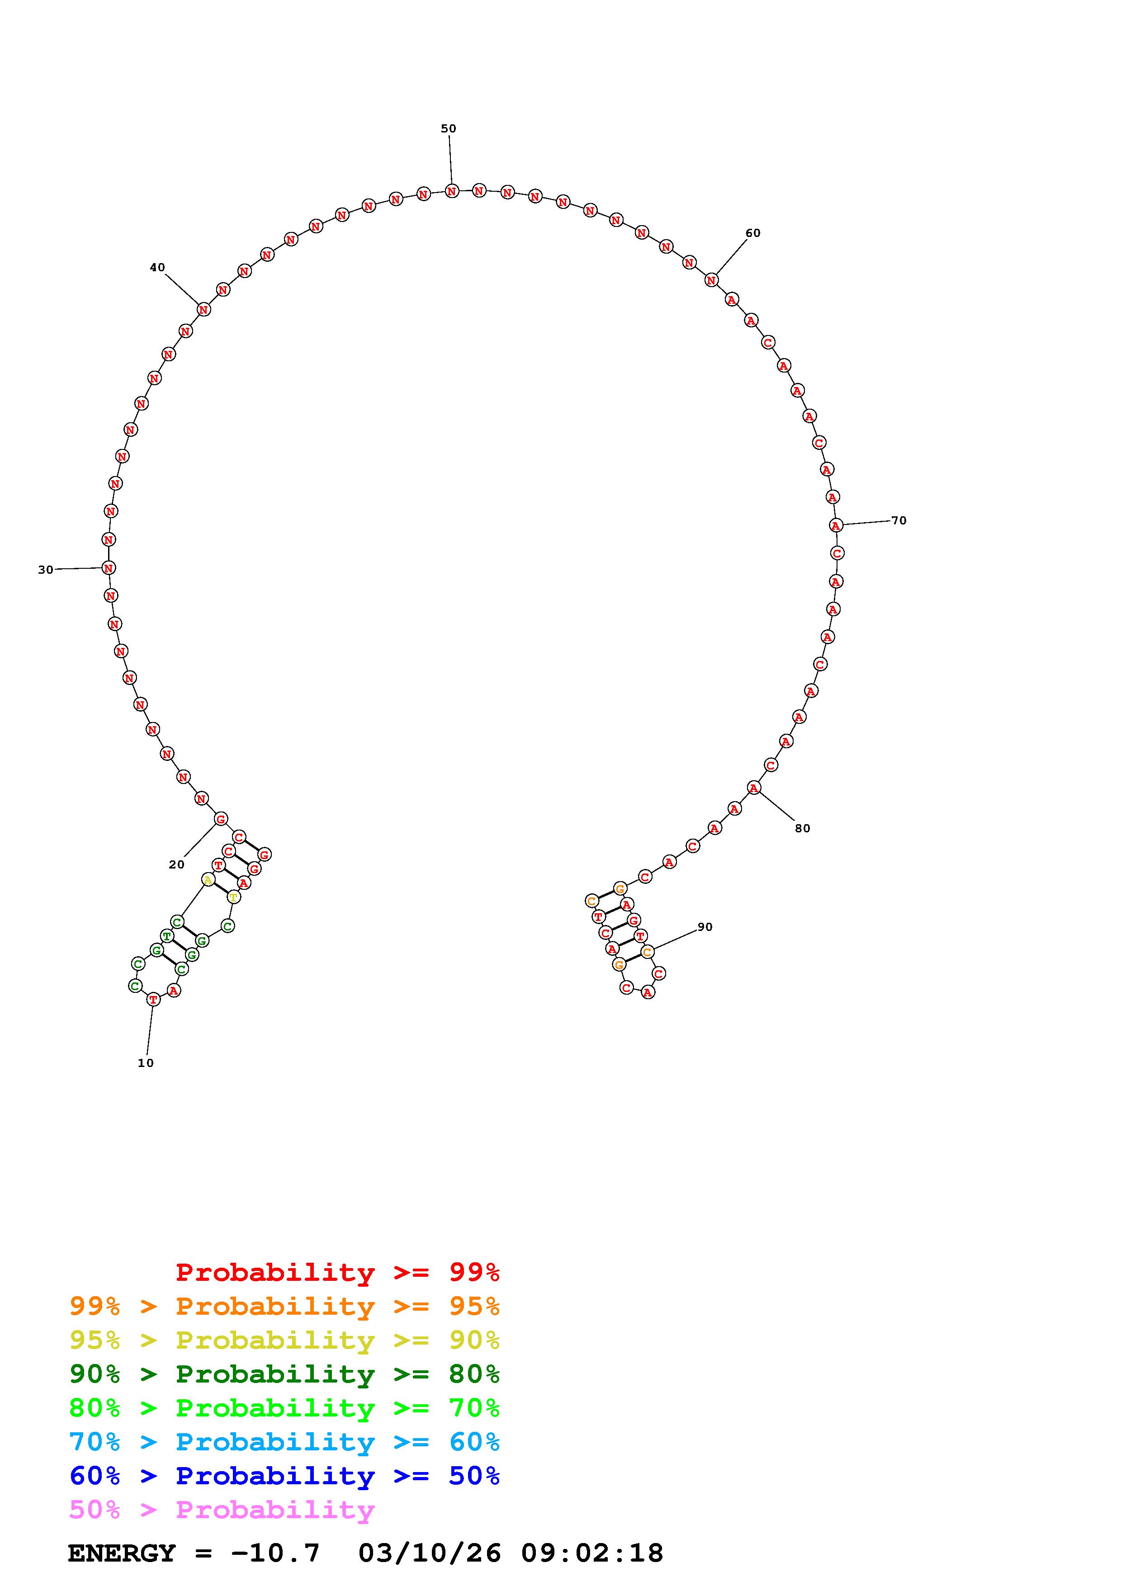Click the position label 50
pos(448,128)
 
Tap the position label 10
pos(146,1063)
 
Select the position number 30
pos(46,570)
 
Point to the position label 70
pos(899,520)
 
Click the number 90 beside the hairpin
pos(705,927)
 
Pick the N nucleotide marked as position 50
pos(452,191)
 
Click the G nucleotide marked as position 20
pos(220,819)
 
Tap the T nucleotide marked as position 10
pos(153,999)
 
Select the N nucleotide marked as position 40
pos(203,309)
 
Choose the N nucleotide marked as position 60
pos(711,280)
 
